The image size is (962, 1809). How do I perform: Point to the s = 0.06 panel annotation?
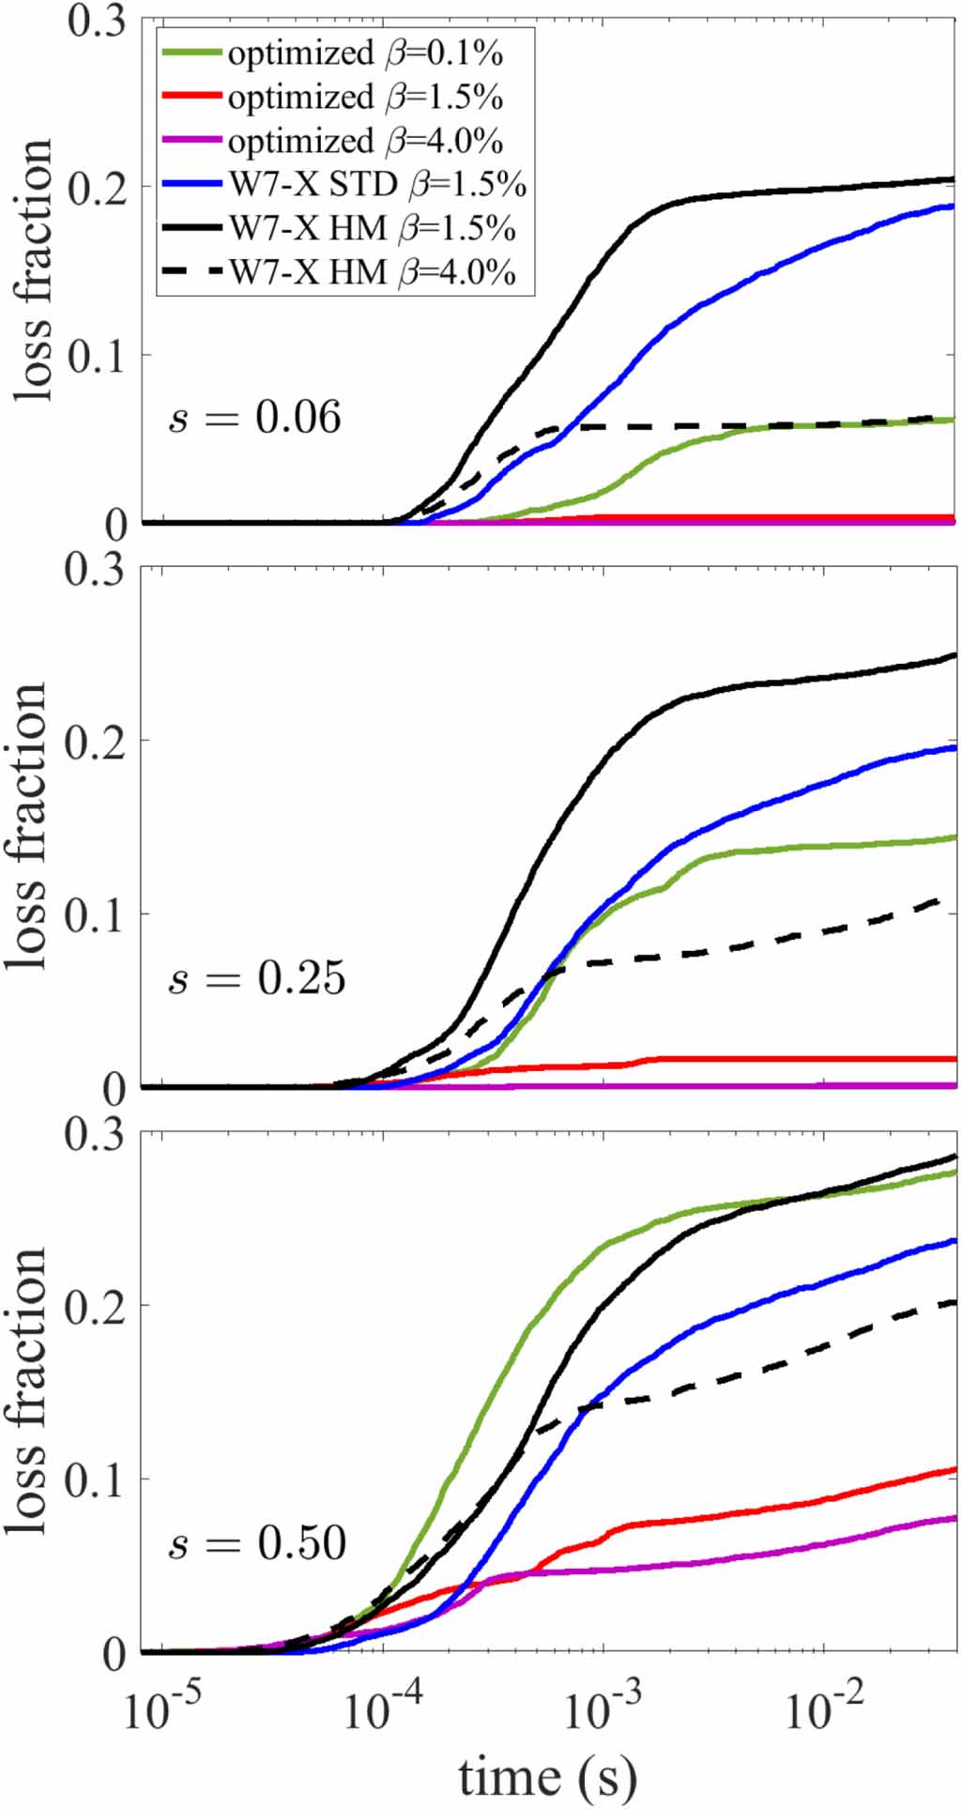click(x=255, y=417)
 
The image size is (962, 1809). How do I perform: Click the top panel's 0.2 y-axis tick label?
click(x=97, y=188)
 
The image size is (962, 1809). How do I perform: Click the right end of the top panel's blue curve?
click(x=955, y=206)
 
